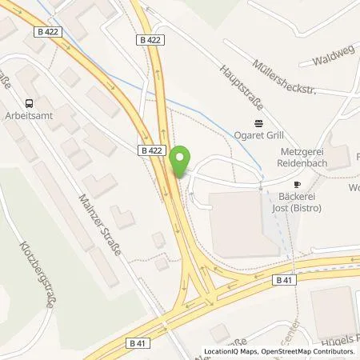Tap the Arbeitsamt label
(29, 116)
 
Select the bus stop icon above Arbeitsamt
(29, 102)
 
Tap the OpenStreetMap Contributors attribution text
(308, 352)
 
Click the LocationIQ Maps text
(229, 352)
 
